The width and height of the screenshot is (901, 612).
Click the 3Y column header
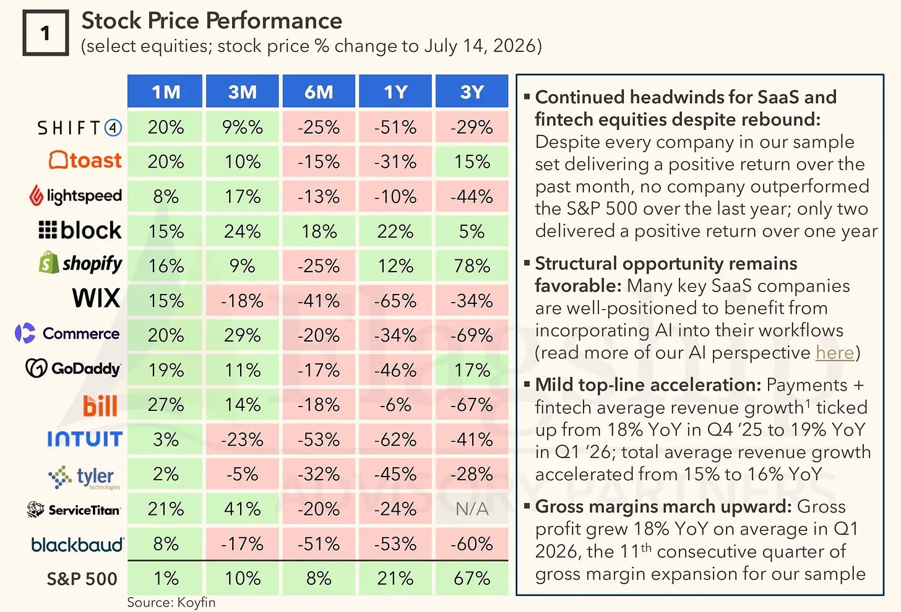pyautogui.click(x=472, y=92)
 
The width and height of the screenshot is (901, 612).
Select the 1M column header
pyautogui.click(x=165, y=92)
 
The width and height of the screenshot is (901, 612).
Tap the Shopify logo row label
pyautogui.click(x=80, y=264)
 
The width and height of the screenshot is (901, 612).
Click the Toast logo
pyautogui.click(x=85, y=160)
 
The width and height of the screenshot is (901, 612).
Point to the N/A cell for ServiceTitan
pyautogui.click(x=472, y=509)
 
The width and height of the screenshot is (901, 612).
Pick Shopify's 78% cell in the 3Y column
pyautogui.click(x=472, y=266)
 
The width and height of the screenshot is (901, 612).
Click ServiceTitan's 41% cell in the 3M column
pyautogui.click(x=242, y=509)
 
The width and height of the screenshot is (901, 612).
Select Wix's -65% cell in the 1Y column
pyautogui.click(x=395, y=301)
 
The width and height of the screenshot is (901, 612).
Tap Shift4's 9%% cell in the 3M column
pyautogui.click(x=242, y=127)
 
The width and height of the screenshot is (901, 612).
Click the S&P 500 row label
pyautogui.click(x=82, y=579)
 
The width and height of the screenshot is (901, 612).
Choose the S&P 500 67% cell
pyautogui.click(x=472, y=579)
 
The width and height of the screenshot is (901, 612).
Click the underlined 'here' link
pyautogui.click(x=835, y=353)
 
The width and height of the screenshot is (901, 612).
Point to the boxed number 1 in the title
pyautogui.click(x=45, y=33)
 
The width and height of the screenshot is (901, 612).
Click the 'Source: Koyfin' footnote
pyautogui.click(x=171, y=602)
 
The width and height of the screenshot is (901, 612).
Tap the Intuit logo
pyautogui.click(x=85, y=439)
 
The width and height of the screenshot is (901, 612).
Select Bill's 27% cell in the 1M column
pyautogui.click(x=165, y=405)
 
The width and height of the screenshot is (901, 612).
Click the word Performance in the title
pyautogui.click(x=274, y=20)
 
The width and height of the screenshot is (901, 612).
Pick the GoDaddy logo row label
pyautogui.click(x=73, y=368)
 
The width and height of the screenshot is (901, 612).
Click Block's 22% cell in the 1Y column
pyautogui.click(x=395, y=231)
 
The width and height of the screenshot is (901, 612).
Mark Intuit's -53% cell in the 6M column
pyautogui.click(x=319, y=439)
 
